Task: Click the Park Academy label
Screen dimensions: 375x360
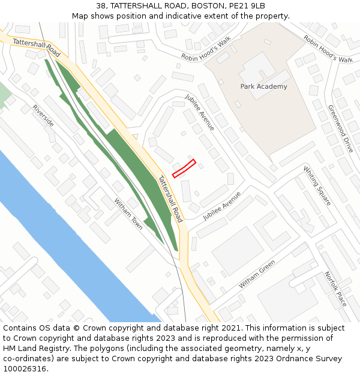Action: (x=263, y=86)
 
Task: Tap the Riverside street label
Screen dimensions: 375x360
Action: (x=43, y=115)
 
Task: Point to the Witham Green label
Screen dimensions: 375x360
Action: (x=256, y=274)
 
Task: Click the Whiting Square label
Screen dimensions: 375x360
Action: (x=317, y=185)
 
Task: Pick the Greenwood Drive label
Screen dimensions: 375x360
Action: (x=340, y=128)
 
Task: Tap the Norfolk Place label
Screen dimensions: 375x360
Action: (x=335, y=289)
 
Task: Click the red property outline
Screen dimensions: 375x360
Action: (x=184, y=168)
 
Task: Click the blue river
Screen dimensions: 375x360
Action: (x=72, y=240)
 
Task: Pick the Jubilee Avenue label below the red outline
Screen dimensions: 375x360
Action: (x=221, y=206)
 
